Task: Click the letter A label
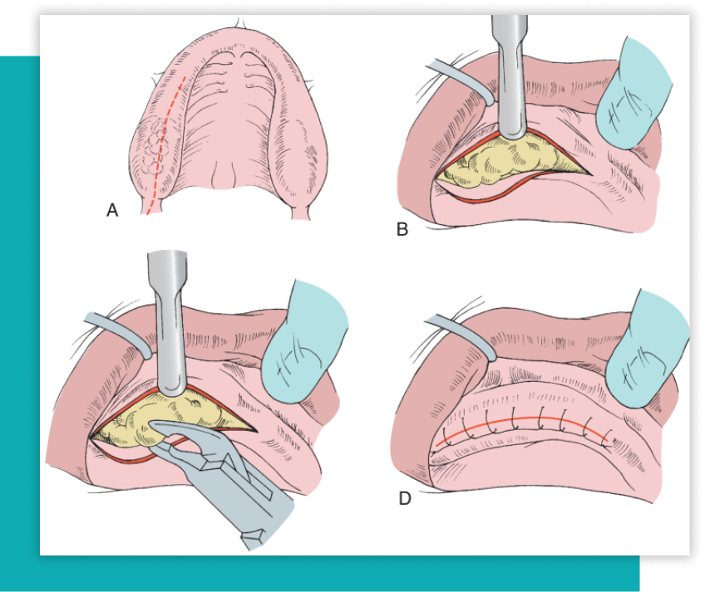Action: (x=112, y=211)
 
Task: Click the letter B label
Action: (x=402, y=229)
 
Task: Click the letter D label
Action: (x=405, y=498)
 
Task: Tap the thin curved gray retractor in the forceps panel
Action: (x=116, y=328)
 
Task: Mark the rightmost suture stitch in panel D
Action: (x=612, y=433)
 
